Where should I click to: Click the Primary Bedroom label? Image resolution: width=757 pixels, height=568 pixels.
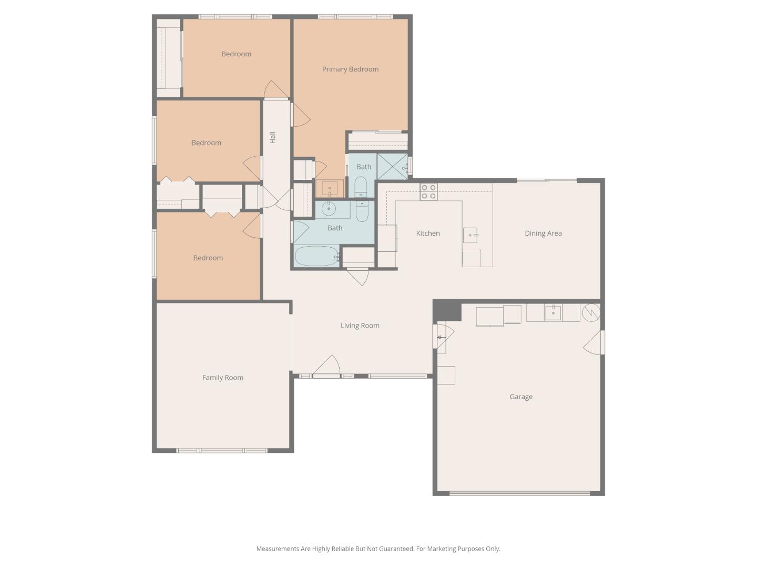tap(350, 69)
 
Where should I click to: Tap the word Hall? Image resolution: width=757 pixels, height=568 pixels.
tap(272, 137)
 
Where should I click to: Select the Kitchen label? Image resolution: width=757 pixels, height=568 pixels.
tap(428, 233)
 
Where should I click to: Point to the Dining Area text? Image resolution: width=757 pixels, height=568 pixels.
tap(543, 233)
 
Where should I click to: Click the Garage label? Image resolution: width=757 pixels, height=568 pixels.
tap(521, 397)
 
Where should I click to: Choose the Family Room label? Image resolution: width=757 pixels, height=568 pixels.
tap(223, 377)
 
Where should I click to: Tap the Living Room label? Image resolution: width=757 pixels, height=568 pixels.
tap(360, 326)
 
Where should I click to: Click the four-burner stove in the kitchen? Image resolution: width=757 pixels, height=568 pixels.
tap(428, 191)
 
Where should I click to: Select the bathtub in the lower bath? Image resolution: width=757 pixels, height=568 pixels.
tap(316, 256)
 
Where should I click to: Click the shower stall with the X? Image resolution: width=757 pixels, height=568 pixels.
tap(392, 166)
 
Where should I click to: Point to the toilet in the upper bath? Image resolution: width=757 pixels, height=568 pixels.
tap(361, 187)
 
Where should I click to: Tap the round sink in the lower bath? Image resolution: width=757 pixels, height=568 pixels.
tap(329, 209)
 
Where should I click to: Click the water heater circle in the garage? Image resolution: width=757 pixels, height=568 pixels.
tap(591, 312)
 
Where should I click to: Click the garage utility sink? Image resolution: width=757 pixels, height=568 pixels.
tap(553, 312)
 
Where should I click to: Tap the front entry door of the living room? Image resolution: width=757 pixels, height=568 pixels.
tap(327, 367)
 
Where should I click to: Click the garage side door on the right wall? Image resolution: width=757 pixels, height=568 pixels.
tap(595, 342)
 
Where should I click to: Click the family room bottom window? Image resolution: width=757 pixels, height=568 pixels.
tap(222, 451)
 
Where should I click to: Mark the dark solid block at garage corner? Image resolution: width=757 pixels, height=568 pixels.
tap(447, 310)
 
